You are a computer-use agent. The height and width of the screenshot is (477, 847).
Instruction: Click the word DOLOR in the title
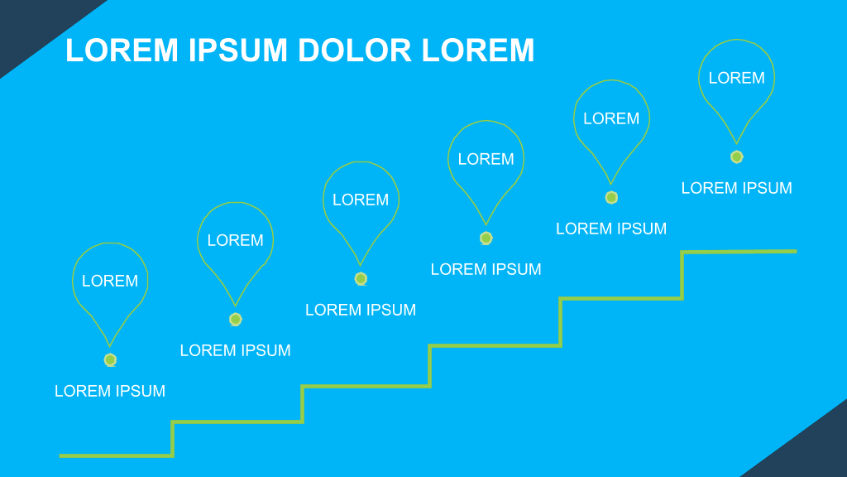coord(354,51)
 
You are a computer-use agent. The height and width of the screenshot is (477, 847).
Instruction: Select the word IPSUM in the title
coord(237,51)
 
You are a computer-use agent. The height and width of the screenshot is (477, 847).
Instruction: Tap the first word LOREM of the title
coord(122,51)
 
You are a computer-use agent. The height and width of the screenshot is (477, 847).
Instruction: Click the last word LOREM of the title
coord(477,51)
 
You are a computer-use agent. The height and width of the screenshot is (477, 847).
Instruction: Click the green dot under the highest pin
coord(737,157)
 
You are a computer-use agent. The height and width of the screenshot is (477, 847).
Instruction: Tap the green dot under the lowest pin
coord(110,359)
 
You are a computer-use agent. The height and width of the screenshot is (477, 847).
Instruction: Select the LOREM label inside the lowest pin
coord(110,281)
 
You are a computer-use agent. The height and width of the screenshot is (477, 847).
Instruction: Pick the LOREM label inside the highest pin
coord(737,78)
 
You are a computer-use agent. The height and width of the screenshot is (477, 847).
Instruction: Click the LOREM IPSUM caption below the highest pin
coord(737,188)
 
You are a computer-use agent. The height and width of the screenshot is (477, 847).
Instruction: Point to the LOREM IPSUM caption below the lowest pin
coord(110,391)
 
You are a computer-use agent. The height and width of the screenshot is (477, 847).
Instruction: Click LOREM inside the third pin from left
coord(361,200)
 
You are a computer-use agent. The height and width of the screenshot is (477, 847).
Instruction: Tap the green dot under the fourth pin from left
coord(486,238)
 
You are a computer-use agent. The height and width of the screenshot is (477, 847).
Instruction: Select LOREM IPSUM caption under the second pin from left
coord(236,350)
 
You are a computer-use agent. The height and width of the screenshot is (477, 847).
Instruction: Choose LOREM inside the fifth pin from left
coord(611,118)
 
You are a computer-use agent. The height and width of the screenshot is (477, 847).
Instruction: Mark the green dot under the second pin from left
coord(236,319)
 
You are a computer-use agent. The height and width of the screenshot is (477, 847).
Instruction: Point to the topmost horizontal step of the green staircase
coord(739,252)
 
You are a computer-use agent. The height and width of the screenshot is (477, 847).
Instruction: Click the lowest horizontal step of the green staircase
coord(116,456)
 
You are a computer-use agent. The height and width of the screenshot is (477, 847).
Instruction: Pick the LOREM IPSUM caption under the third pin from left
coord(361,310)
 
